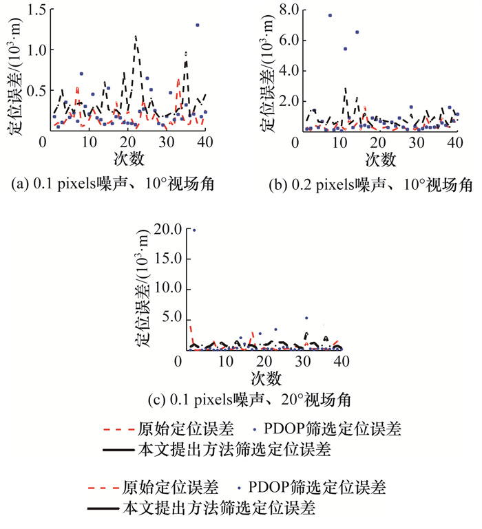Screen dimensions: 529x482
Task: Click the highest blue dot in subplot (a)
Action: click(x=198, y=25)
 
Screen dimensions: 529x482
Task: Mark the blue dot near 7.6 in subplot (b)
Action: click(x=330, y=15)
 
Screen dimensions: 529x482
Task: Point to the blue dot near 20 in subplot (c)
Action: click(x=193, y=230)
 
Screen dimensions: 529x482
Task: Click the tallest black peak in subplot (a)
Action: click(x=136, y=36)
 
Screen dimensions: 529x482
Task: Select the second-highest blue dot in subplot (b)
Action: click(x=357, y=32)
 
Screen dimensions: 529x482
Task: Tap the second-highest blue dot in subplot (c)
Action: click(x=306, y=319)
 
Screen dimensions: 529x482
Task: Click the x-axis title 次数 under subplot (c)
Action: click(x=264, y=378)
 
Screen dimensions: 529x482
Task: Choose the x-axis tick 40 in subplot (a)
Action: click(x=206, y=141)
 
